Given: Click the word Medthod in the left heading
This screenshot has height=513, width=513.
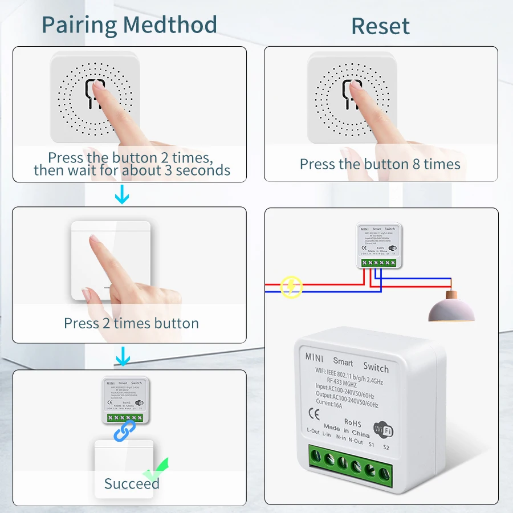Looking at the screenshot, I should (171, 25).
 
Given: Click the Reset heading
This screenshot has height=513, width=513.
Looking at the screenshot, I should (380, 26).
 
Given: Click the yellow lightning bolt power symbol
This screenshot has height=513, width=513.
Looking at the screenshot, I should (291, 287).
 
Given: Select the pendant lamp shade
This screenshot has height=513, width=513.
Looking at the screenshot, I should (451, 310).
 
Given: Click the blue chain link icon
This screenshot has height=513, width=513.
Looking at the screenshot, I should (125, 430).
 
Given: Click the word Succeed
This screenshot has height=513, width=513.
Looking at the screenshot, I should (131, 484).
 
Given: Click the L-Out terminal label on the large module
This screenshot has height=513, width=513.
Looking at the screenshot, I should (313, 431).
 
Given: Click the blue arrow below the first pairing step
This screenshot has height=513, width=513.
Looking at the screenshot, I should (122, 197).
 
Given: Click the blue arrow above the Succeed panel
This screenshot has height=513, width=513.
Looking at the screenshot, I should (122, 357).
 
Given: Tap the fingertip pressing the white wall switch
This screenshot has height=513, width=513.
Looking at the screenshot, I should (95, 242).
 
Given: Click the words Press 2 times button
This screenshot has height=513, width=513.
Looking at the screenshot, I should (131, 323).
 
